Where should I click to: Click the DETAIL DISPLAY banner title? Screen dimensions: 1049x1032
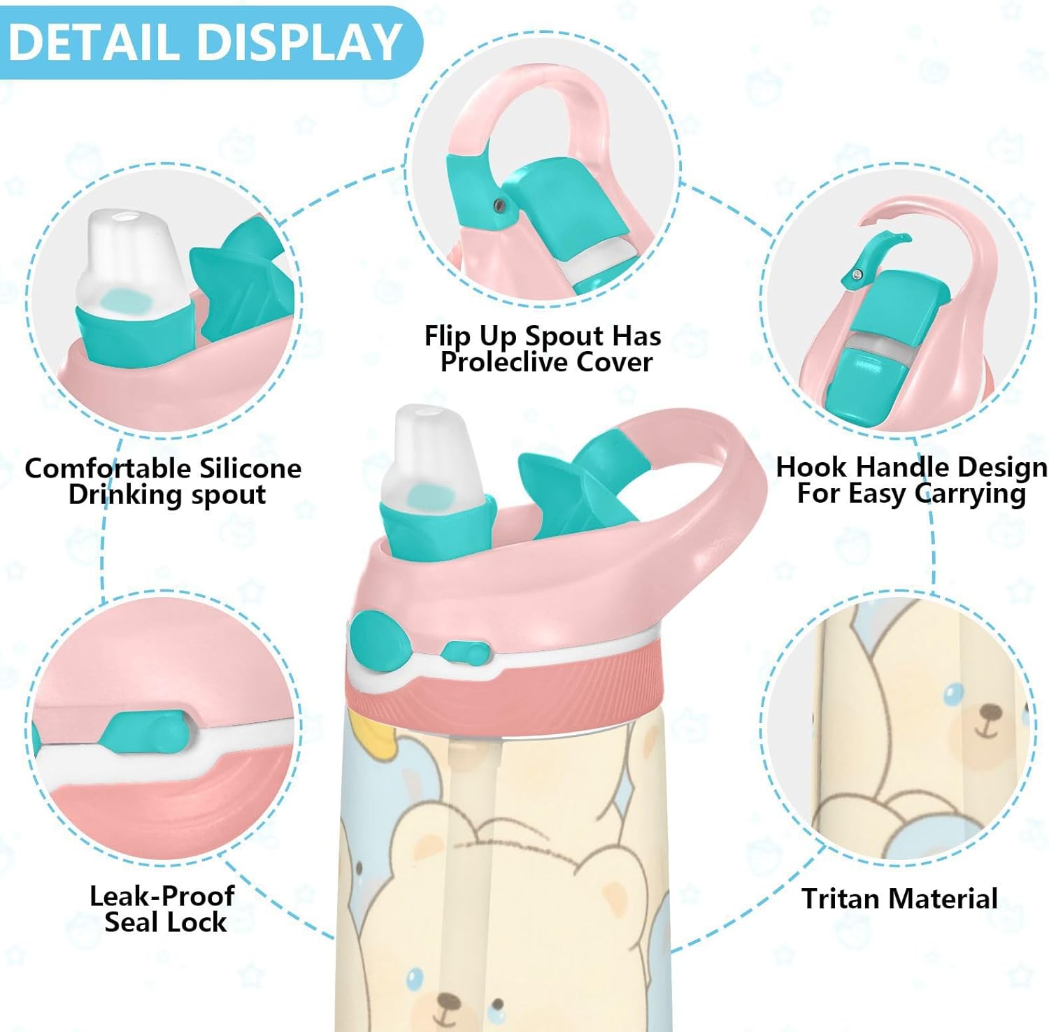tap(205, 42)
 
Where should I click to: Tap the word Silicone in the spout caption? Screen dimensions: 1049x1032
tap(250, 468)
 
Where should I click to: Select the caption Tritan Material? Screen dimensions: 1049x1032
tap(899, 898)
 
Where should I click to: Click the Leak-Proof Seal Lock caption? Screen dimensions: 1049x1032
tap(163, 909)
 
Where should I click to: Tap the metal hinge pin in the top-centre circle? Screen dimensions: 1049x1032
tap(499, 203)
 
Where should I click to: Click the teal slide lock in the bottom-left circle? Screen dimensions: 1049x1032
tap(146, 731)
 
